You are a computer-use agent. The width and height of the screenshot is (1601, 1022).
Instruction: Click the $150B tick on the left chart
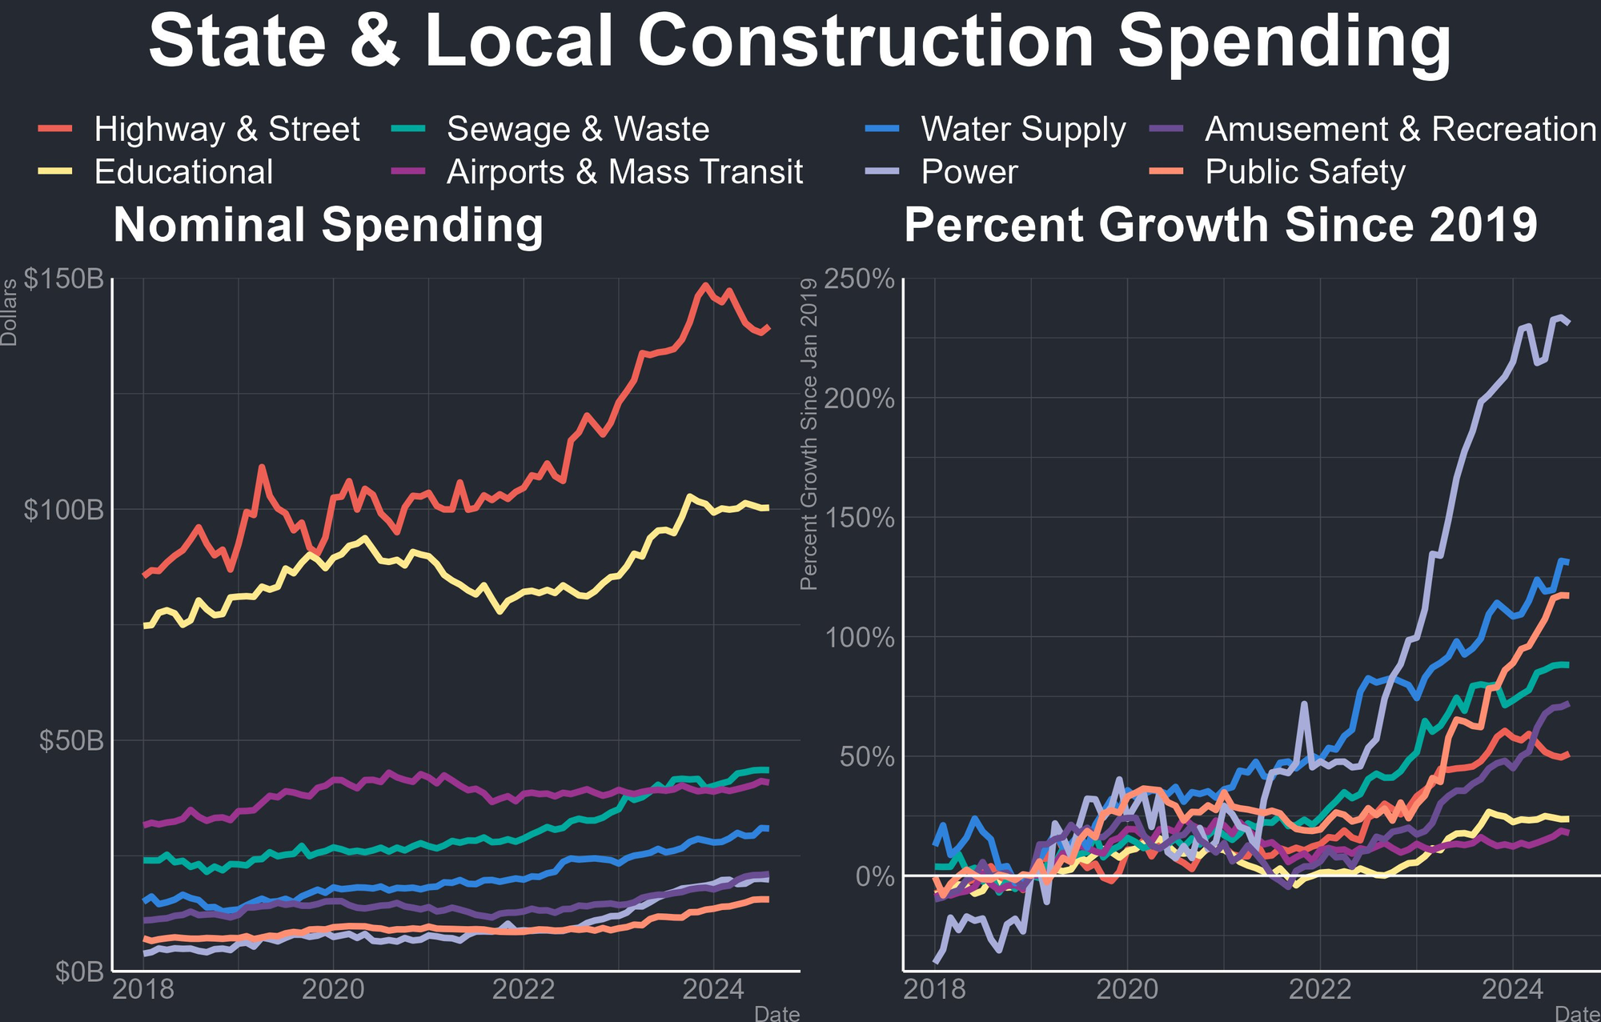tap(64, 279)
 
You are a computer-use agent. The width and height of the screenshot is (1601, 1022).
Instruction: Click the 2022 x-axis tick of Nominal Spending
tap(524, 990)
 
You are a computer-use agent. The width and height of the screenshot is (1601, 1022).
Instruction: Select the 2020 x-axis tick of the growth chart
tap(1127, 990)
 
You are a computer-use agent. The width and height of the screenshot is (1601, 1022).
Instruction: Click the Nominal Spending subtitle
tap(328, 225)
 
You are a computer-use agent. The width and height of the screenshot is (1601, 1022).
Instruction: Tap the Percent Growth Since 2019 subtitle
tap(1221, 225)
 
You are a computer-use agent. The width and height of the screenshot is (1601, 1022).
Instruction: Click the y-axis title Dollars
tap(9, 313)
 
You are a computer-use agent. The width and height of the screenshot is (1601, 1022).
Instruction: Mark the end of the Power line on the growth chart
tap(1567, 322)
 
